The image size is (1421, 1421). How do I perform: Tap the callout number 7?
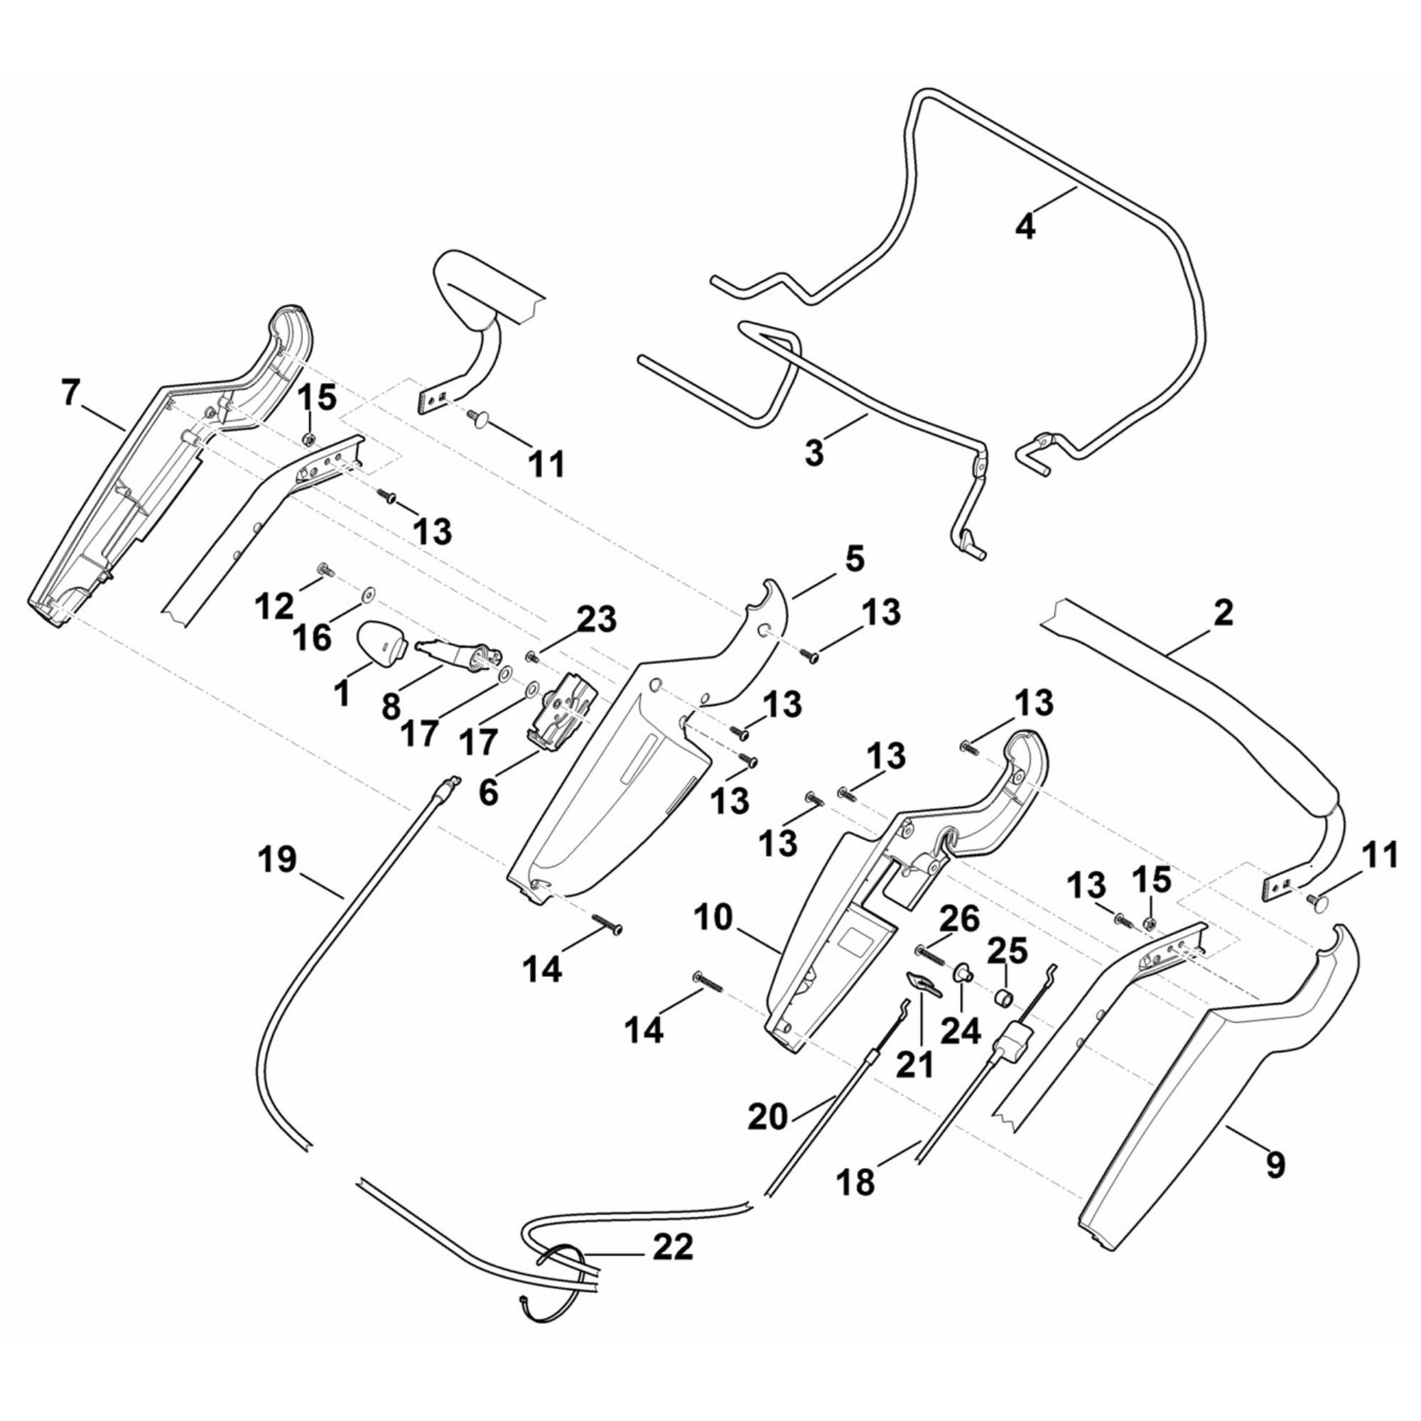click(70, 394)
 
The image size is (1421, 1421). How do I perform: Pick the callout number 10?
click(712, 917)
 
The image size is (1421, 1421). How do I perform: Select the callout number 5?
click(853, 559)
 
